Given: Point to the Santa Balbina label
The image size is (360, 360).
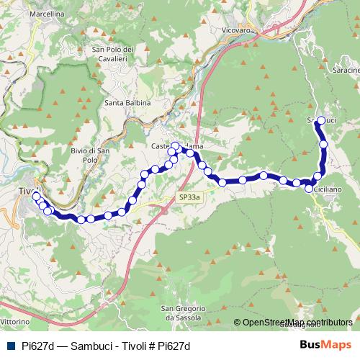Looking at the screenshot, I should click(127, 103).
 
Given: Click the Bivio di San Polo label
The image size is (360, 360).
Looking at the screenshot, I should click(90, 155).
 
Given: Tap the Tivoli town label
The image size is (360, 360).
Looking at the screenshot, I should click(26, 191).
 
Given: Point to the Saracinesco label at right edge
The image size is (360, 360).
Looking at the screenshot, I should click(346, 70).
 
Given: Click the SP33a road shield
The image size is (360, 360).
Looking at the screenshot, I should click(189, 197).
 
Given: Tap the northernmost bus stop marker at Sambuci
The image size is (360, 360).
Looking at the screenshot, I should click(321, 120).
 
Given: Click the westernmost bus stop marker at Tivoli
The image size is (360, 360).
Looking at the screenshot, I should click(36, 196).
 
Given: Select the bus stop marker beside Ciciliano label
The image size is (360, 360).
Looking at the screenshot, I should click(309, 189).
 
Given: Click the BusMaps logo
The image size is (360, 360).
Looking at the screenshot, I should click(325, 344).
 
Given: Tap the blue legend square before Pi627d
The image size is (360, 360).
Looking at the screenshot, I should click(9, 346).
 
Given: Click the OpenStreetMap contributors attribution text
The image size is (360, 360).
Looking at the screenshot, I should click(296, 323).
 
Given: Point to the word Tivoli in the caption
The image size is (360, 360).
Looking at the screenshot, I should click(130, 346).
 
